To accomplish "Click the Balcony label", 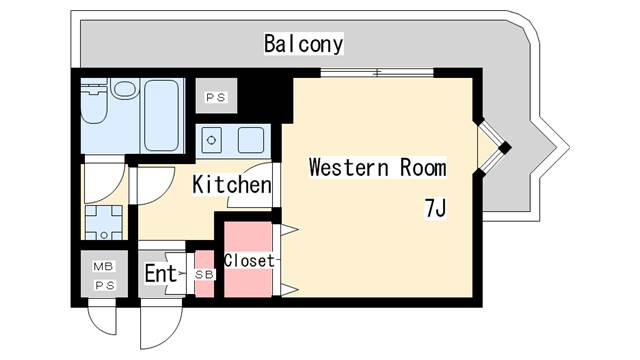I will point(303,44).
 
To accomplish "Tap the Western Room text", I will point(376,167).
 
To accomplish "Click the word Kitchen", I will point(231,185).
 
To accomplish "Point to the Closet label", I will point(249,260).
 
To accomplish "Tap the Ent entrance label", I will point(160,273).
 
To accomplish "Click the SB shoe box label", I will point(204,274).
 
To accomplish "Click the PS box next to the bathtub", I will point(215,97).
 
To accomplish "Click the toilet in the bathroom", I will point(123,93).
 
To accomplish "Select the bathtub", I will point(162,112).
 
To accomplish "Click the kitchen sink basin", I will point(249,139).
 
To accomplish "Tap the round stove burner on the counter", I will point(212,139).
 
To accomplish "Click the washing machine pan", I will point(103,223).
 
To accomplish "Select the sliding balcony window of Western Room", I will point(377,72).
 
